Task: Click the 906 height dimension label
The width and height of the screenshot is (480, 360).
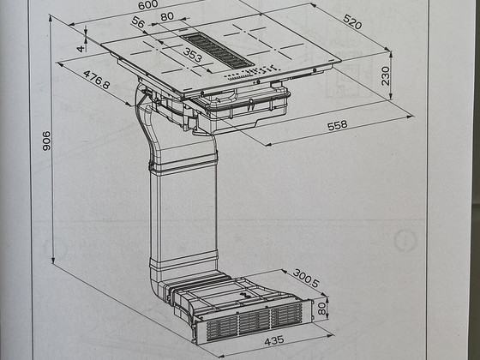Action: (x=46, y=141)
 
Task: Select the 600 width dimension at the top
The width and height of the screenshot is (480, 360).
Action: (x=147, y=4)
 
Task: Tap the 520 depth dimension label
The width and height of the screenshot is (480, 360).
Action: (x=352, y=21)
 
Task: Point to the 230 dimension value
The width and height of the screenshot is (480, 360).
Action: (x=386, y=76)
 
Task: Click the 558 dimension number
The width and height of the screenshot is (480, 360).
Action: (x=338, y=125)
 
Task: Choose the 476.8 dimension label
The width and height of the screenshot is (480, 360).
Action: (x=96, y=80)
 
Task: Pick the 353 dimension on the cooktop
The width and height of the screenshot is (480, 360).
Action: (x=193, y=55)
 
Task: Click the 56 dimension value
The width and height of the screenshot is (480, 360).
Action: (x=138, y=22)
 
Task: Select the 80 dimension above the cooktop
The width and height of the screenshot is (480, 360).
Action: (x=167, y=16)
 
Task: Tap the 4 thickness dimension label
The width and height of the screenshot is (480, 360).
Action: (x=81, y=48)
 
